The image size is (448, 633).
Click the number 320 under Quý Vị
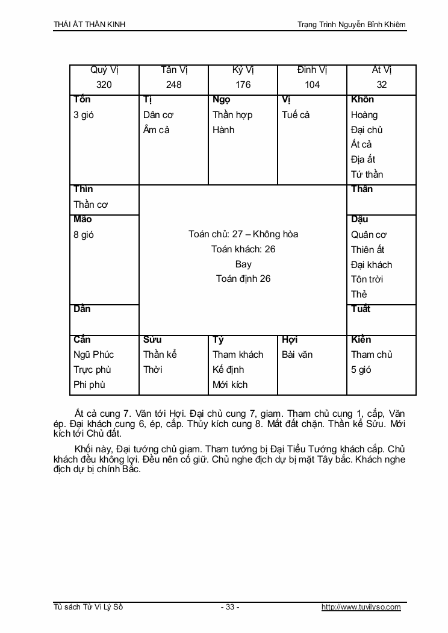click(104, 85)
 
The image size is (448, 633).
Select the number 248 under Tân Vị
click(173, 85)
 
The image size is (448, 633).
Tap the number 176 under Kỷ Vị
click(243, 85)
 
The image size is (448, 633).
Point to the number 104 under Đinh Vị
click(312, 85)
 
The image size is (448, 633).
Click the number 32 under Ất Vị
click(382, 85)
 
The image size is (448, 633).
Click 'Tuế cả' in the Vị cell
click(296, 115)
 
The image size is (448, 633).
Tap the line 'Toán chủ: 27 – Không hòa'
click(243, 234)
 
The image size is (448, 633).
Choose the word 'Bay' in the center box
click(243, 264)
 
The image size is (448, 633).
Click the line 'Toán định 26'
click(243, 279)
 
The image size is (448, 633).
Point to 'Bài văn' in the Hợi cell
click(297, 355)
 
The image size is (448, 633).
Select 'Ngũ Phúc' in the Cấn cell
click(93, 355)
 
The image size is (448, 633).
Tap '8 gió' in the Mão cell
click(84, 235)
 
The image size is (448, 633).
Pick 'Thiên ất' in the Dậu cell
click(368, 249)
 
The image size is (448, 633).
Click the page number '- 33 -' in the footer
click(230, 607)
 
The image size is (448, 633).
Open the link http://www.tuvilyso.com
click(361, 607)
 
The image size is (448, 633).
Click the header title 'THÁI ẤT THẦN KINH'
click(90, 25)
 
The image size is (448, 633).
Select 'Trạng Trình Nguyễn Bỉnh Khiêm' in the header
click(352, 25)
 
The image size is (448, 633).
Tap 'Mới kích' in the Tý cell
click(230, 384)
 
